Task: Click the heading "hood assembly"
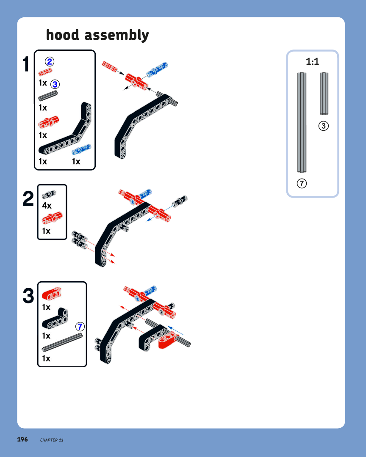(x=97, y=35)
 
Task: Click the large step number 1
(x=26, y=64)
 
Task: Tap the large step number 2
(x=28, y=199)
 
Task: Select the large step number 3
(x=28, y=295)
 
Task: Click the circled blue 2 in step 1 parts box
(x=49, y=61)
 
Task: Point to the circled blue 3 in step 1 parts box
(x=55, y=84)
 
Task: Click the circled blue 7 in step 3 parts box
(x=80, y=326)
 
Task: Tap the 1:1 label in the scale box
(x=312, y=61)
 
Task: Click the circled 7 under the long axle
(x=302, y=184)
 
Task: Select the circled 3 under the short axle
(x=323, y=126)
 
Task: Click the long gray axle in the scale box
(x=302, y=122)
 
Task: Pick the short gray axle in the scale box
(x=324, y=94)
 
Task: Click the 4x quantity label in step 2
(x=47, y=206)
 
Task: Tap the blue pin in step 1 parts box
(x=81, y=149)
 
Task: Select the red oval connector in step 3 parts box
(x=51, y=294)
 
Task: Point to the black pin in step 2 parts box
(x=49, y=194)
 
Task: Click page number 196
(x=22, y=439)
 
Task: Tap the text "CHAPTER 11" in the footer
(x=52, y=440)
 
